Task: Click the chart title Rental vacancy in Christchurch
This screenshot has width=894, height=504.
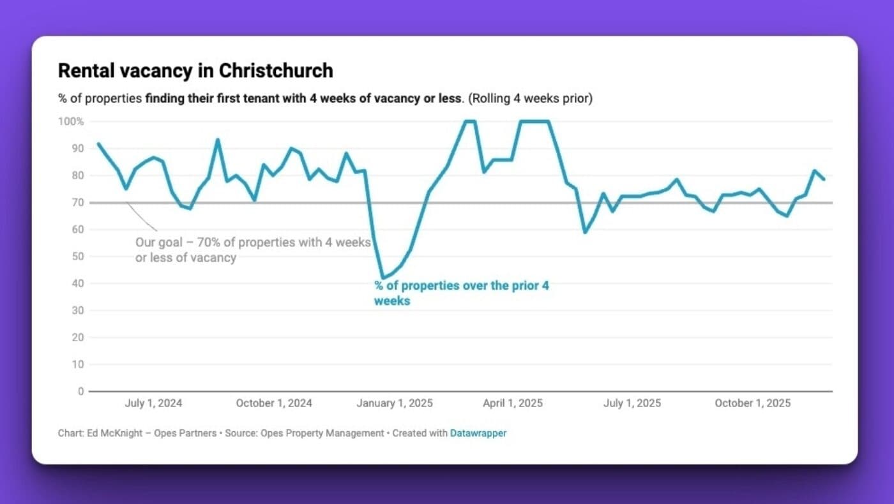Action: [x=195, y=71]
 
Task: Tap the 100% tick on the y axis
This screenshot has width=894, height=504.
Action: [x=72, y=121]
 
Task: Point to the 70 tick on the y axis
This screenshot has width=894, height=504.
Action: [x=77, y=202]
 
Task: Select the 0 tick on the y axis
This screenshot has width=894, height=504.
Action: [x=80, y=391]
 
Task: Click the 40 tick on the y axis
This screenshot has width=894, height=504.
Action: [x=77, y=283]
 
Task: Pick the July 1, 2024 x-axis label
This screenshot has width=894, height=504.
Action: [x=153, y=403]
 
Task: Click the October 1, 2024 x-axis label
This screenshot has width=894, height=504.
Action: [x=274, y=403]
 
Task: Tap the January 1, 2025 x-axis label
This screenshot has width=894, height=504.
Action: [x=394, y=403]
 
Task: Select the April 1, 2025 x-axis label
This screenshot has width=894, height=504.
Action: [x=513, y=403]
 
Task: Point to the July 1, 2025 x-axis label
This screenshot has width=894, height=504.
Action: [x=632, y=403]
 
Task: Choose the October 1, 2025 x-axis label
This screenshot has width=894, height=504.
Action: [x=752, y=403]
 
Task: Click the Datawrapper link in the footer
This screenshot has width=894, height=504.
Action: [x=478, y=433]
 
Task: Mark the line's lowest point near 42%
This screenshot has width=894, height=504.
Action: [x=383, y=278]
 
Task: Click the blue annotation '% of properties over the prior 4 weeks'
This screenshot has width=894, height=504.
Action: [x=461, y=293]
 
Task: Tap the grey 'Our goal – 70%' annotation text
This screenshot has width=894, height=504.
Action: [x=253, y=250]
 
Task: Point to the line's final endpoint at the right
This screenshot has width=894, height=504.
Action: [x=824, y=179]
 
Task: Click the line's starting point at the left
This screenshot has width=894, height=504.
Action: [x=98, y=144]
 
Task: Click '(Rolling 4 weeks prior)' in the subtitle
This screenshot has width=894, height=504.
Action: [x=529, y=99]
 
